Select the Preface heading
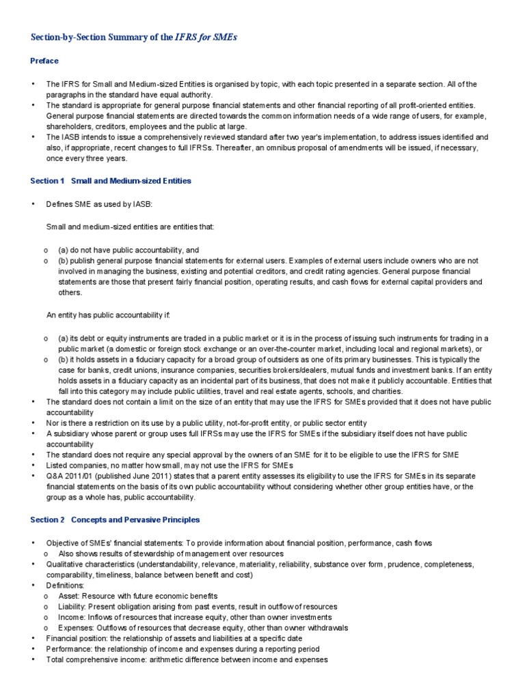tap(44, 61)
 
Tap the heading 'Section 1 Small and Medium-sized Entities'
tap(111, 181)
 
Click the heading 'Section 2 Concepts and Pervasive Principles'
tap(115, 519)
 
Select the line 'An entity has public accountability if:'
tap(107, 315)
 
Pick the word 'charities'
tap(384, 391)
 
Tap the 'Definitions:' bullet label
tap(66, 585)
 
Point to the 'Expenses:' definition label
tap(77, 627)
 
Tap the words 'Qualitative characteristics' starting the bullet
tap(90, 564)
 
